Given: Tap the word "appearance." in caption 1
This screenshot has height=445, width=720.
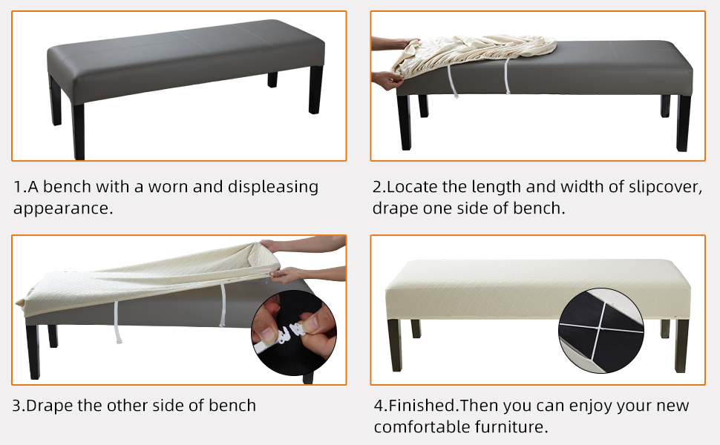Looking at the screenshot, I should coord(63,208).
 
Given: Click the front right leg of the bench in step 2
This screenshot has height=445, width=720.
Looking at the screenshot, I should coord(684,122).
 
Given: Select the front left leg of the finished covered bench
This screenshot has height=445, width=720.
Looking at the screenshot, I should coord(395,344).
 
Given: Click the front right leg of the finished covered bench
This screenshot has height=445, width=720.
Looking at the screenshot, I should coord(681,344).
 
